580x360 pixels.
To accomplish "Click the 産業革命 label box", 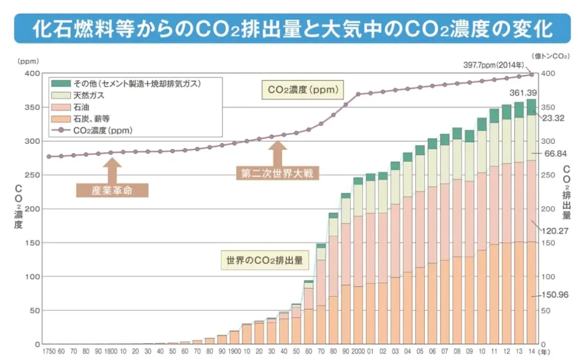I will (112, 190).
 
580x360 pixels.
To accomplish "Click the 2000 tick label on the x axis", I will (358, 352).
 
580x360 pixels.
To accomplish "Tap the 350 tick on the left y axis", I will (33, 108).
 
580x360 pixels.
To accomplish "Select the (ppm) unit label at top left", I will (27, 60).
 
